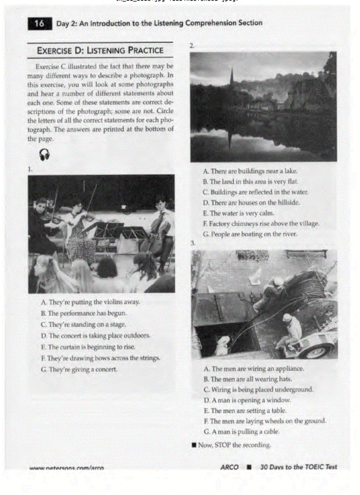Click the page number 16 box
click(39, 24)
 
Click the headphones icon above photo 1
click(45, 154)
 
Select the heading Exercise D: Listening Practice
click(100, 50)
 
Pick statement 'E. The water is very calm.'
click(239, 213)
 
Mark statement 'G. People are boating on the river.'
click(250, 234)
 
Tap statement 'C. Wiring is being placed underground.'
click(259, 390)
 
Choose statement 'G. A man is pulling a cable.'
click(241, 432)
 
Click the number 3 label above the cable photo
click(193, 243)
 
